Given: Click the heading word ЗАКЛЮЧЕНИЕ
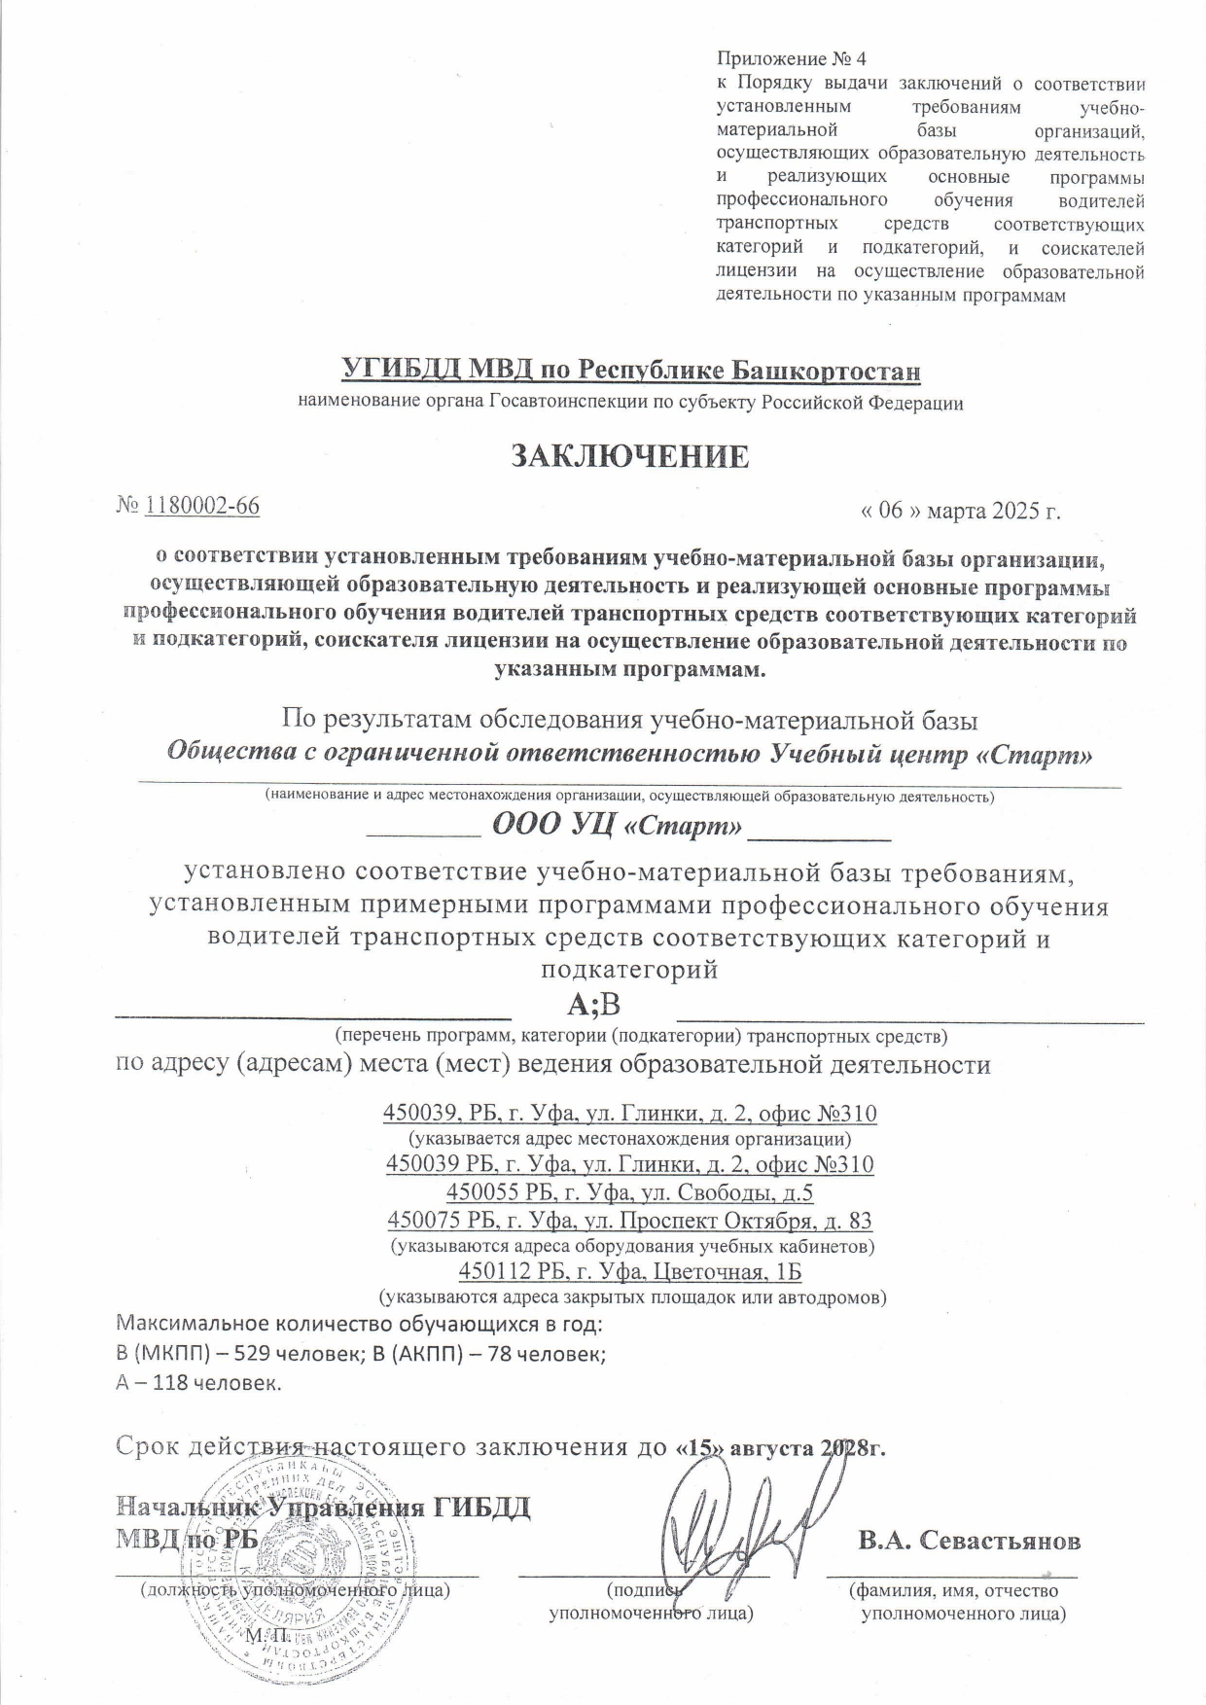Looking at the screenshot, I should (630, 456).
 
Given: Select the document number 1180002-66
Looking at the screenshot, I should (202, 505).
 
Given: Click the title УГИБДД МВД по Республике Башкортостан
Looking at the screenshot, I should (631, 371).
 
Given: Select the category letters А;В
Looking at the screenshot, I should (592, 1004).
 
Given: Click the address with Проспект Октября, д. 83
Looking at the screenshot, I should (629, 1220).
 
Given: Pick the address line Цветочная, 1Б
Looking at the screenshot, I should (629, 1272).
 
